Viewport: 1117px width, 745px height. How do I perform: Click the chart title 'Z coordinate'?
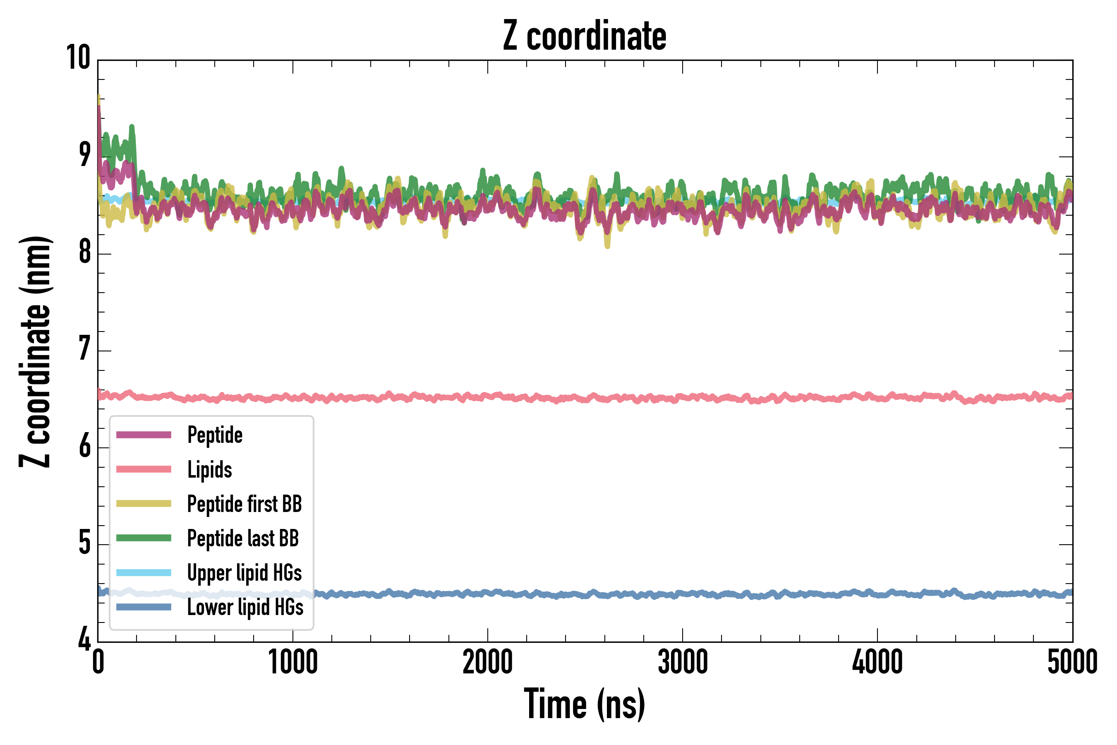pyautogui.click(x=585, y=36)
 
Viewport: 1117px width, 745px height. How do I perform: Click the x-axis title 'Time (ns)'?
pyautogui.click(x=585, y=704)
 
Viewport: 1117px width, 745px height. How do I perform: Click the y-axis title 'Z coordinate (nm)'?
pyautogui.click(x=35, y=351)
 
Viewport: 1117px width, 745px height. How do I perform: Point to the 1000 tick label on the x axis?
pyautogui.click(x=293, y=662)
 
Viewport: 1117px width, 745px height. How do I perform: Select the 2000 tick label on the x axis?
pyautogui.click(x=488, y=662)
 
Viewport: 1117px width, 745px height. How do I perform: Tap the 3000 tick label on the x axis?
pyautogui.click(x=683, y=662)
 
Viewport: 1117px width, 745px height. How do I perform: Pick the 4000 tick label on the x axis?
pyautogui.click(x=877, y=662)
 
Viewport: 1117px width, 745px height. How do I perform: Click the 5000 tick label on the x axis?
pyautogui.click(x=1072, y=662)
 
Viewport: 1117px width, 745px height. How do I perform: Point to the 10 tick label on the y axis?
pyautogui.click(x=78, y=58)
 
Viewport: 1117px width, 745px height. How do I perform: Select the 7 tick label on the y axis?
pyautogui.click(x=84, y=349)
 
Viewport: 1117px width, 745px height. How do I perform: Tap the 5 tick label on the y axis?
pyautogui.click(x=84, y=543)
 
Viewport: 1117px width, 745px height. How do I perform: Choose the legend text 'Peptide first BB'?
pyautogui.click(x=244, y=504)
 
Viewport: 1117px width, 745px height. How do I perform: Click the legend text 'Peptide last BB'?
pyautogui.click(x=243, y=538)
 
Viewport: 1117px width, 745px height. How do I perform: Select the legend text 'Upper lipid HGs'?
pyautogui.click(x=244, y=572)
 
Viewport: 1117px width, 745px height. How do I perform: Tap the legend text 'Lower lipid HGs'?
pyautogui.click(x=245, y=607)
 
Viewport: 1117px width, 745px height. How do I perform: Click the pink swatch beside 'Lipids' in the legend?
pyautogui.click(x=144, y=469)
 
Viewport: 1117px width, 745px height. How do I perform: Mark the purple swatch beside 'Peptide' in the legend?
pyautogui.click(x=144, y=435)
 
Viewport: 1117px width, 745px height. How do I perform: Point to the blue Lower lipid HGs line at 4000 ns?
pyautogui.click(x=877, y=594)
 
